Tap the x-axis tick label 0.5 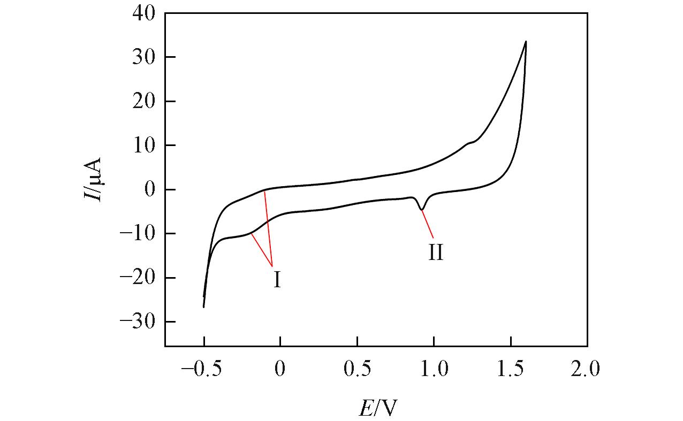pyautogui.click(x=357, y=370)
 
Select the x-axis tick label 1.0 pyautogui.click(x=434, y=370)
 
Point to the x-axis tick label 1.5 pyautogui.click(x=511, y=370)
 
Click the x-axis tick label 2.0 pyautogui.click(x=587, y=370)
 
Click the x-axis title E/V pyautogui.click(x=378, y=408)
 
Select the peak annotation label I pyautogui.click(x=277, y=280)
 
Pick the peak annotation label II pyautogui.click(x=436, y=252)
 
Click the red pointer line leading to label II pyautogui.click(x=428, y=224)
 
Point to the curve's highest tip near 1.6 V pyautogui.click(x=526, y=41)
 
